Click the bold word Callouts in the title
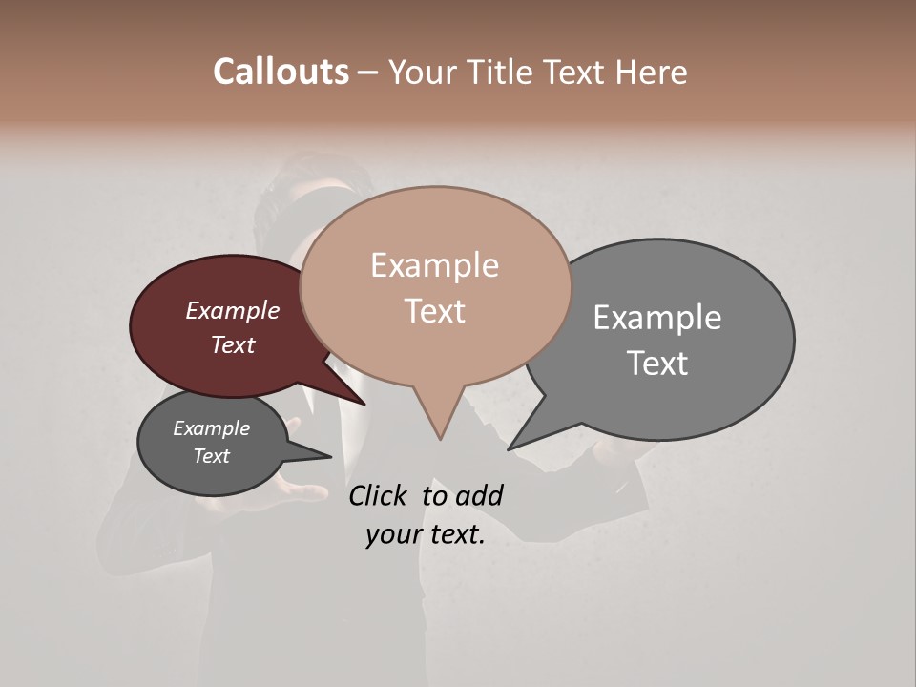coord(281,72)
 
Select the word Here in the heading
coord(653,72)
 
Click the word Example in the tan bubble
coord(434,265)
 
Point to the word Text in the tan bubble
coord(434,311)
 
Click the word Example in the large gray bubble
coord(657,318)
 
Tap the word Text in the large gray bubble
coord(657,364)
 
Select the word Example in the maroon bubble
coord(233,310)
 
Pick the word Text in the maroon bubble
coord(233,344)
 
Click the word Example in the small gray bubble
coord(212,428)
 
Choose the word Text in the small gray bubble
coord(212,456)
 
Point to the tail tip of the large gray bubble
coord(510,448)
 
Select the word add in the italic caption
coord(480,495)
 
